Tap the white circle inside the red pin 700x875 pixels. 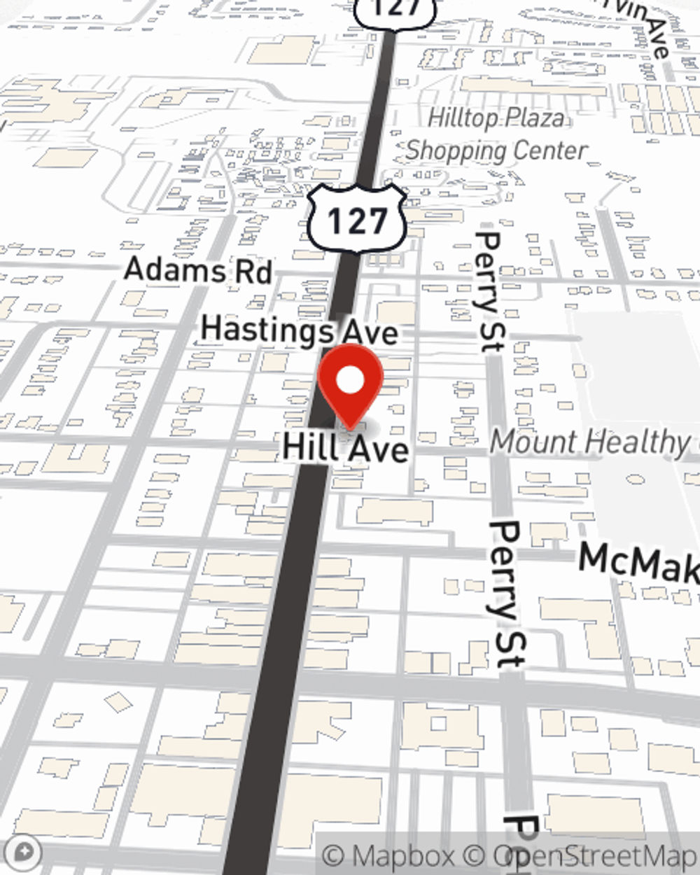[x=350, y=381]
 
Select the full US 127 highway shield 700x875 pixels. [x=357, y=220]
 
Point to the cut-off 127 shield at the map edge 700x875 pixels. [x=394, y=10]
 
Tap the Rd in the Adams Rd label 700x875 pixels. [x=252, y=272]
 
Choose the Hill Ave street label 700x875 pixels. [x=345, y=447]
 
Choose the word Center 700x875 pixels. [x=550, y=150]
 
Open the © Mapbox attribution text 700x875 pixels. [x=389, y=856]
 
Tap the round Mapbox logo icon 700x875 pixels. [x=24, y=853]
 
